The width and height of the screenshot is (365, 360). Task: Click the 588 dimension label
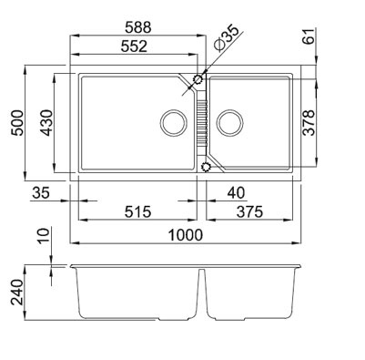click(x=138, y=27)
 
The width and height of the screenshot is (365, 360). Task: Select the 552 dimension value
click(x=134, y=46)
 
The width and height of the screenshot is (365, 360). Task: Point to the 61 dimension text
click(x=309, y=36)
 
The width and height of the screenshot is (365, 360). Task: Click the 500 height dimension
click(x=16, y=123)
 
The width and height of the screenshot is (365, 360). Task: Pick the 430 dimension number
click(x=46, y=123)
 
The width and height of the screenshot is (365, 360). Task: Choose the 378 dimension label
click(x=309, y=122)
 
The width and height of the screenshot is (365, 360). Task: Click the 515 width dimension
click(x=137, y=211)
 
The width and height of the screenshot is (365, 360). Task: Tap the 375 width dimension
click(x=249, y=211)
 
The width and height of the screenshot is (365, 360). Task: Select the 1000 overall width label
click(x=185, y=235)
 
